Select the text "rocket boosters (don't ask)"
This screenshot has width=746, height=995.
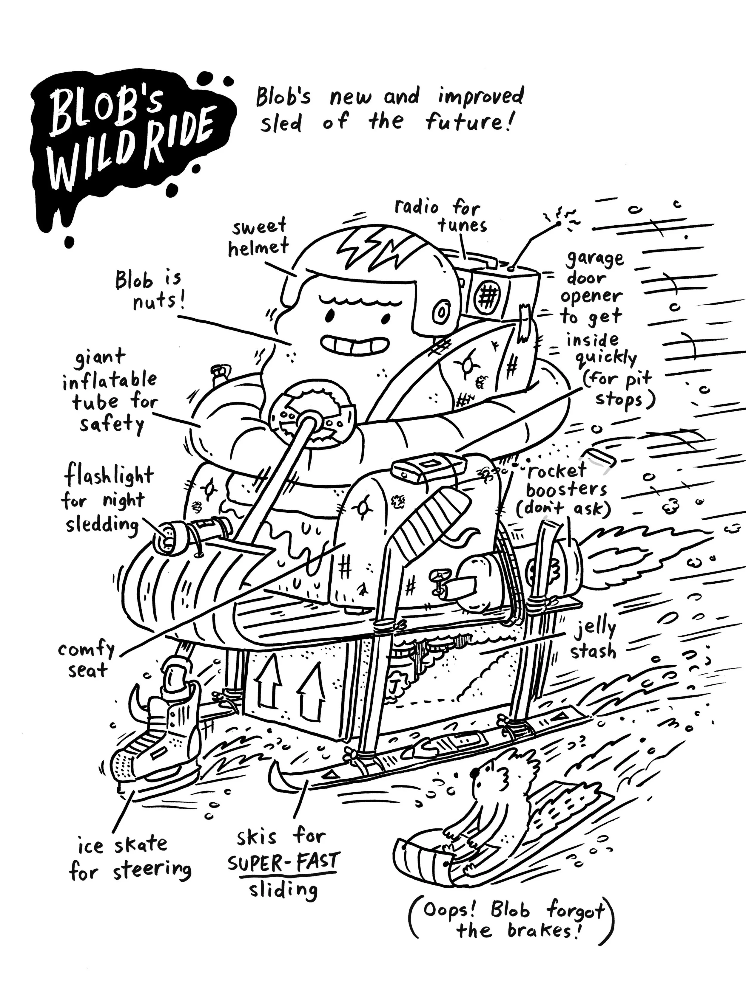[563, 490]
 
